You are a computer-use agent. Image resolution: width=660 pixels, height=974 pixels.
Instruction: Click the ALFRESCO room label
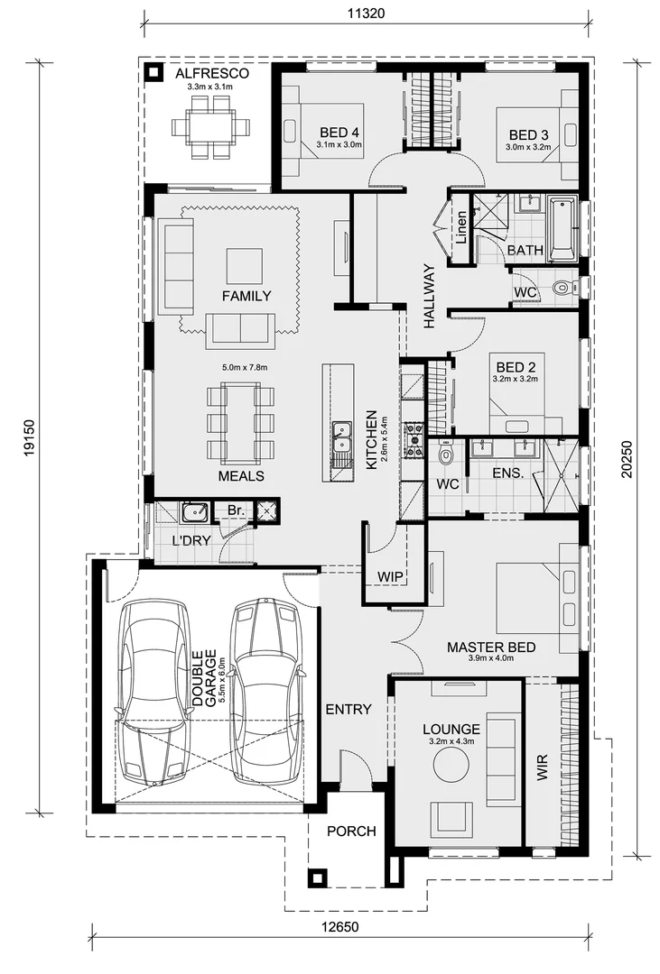(211, 73)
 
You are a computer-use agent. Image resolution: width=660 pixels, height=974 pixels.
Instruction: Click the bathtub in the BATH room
(562, 226)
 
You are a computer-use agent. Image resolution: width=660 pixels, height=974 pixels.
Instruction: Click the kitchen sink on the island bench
(340, 438)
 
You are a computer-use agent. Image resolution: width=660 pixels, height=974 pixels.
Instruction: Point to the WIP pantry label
(391, 575)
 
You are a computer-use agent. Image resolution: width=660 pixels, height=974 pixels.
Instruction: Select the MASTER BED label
(491, 647)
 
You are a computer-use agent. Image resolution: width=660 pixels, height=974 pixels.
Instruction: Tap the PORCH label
(350, 831)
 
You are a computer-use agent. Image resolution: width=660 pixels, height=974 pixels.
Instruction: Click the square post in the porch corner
(316, 877)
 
